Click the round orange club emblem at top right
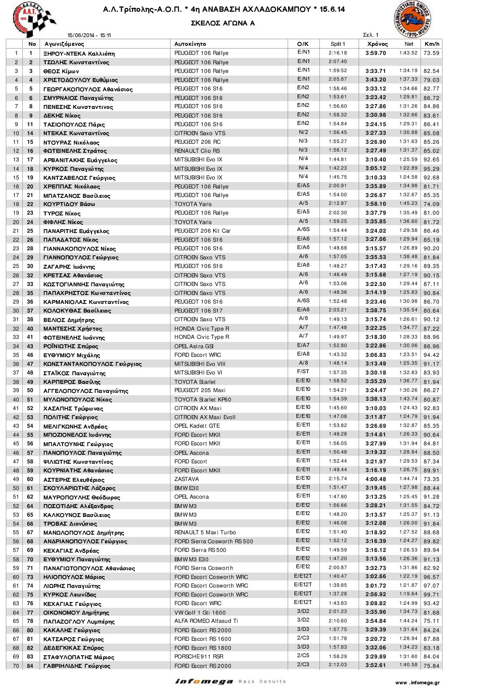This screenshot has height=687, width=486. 412,19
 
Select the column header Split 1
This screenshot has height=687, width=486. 337,44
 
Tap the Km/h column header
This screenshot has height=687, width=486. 432,44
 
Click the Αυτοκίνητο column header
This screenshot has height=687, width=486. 190,44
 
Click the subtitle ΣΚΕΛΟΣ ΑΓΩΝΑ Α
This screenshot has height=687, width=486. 223,24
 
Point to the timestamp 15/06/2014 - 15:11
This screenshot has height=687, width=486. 89,36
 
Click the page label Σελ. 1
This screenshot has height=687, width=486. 371,35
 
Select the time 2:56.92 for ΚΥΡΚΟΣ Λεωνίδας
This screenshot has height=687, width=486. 375,595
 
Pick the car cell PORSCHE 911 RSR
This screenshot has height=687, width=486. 199,656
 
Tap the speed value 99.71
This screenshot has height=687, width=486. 431,595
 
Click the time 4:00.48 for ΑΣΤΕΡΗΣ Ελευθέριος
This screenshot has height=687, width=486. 375,479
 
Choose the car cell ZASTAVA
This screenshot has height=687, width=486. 187,479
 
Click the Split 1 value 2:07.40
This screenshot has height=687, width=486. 337,62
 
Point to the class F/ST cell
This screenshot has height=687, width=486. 303,371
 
